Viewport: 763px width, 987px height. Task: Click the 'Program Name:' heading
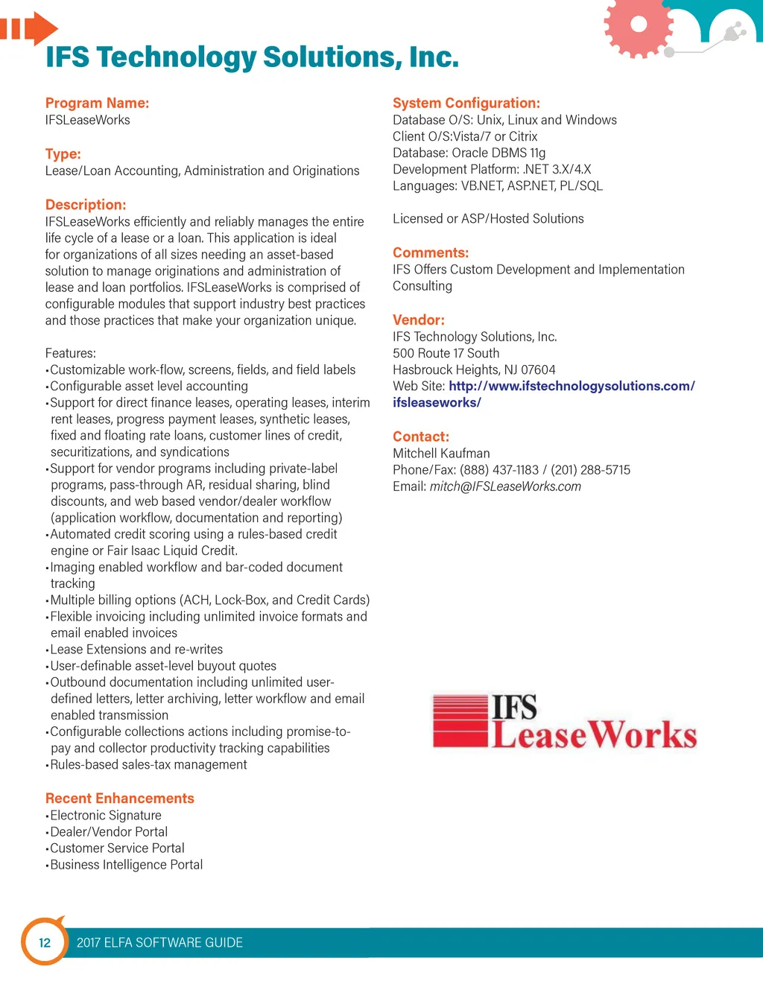97,103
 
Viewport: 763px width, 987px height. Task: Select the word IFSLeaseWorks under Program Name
87,120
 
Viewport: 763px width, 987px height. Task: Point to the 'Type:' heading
63,153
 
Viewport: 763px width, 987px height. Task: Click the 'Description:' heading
86,204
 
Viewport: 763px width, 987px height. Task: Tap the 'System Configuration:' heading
466,103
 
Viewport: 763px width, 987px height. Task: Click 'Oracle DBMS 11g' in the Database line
498,153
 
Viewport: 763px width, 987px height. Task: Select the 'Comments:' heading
431,253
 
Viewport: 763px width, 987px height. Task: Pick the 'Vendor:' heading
418,320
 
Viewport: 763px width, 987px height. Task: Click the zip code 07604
538,369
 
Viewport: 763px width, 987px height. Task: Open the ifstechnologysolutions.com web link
572,386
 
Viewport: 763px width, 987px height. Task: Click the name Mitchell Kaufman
441,453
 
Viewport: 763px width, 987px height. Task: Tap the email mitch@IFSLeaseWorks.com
505,486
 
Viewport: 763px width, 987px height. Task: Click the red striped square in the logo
460,720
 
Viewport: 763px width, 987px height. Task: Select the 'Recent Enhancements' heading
119,798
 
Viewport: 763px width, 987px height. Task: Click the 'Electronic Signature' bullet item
106,815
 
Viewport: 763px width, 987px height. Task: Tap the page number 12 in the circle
45,942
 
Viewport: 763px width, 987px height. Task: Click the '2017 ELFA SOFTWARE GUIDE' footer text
159,942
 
